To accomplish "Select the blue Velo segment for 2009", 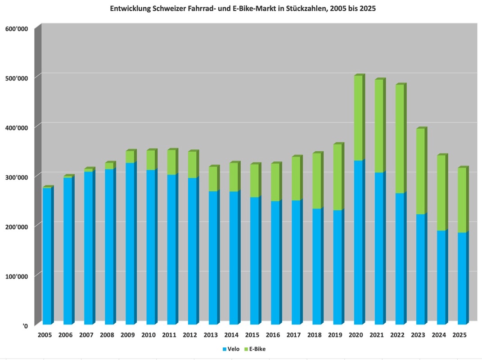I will [130, 243].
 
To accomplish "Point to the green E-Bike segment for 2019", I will [338, 177].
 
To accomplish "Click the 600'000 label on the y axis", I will [17, 29].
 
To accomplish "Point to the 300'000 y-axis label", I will [17, 177].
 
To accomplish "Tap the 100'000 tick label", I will [17, 276].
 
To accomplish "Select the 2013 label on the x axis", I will [211, 335].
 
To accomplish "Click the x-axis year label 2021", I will [377, 335].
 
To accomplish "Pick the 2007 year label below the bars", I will [86, 335].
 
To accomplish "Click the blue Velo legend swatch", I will [224, 349].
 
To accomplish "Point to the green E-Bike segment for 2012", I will [192, 165].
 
